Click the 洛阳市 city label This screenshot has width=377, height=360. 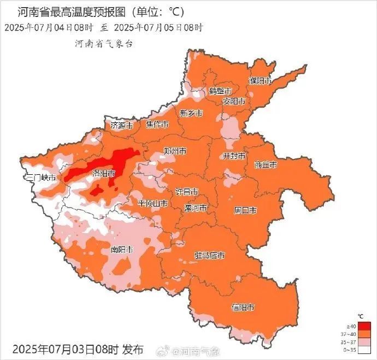pyautogui.click(x=103, y=173)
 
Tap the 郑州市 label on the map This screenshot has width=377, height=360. pyautogui.click(x=175, y=151)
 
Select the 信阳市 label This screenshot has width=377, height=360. pyautogui.click(x=243, y=308)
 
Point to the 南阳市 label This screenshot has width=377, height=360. pyautogui.click(x=122, y=250)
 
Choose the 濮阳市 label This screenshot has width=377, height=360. pyautogui.click(x=260, y=81)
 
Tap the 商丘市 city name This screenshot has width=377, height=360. pyautogui.click(x=266, y=164)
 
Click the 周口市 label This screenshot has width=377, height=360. pyautogui.click(x=245, y=210)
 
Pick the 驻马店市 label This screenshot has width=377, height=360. pyautogui.click(x=209, y=255)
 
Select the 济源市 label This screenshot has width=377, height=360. pyautogui.click(x=121, y=125)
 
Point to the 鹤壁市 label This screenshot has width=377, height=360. pyautogui.click(x=220, y=91)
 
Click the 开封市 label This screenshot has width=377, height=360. pyautogui.click(x=234, y=156)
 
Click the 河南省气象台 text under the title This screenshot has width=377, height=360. pyautogui.click(x=104, y=43)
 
